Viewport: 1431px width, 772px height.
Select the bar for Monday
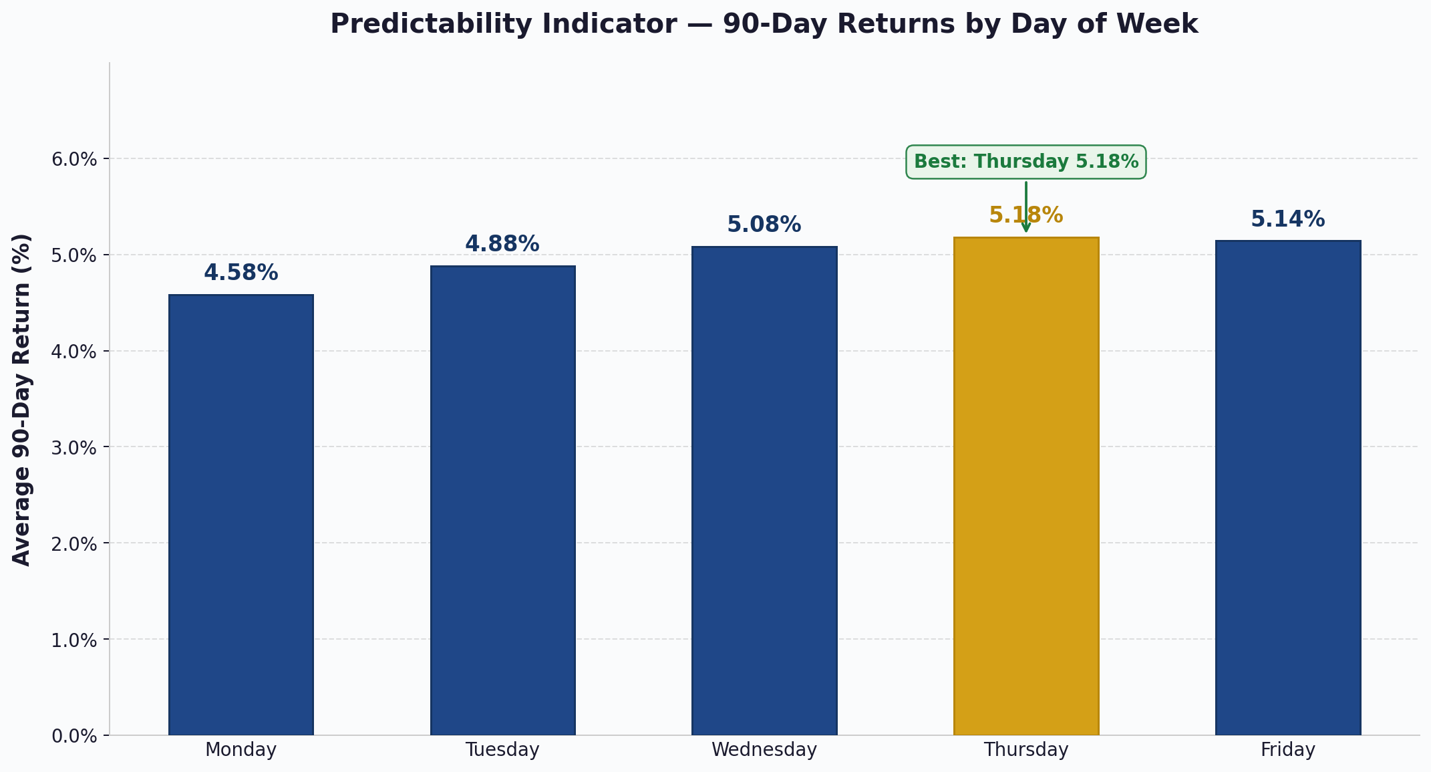point(241,515)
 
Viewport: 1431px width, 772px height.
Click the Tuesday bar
point(503,501)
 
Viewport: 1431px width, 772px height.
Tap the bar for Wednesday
point(764,491)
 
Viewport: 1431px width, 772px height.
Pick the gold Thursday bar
point(1026,486)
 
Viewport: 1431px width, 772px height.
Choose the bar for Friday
point(1288,488)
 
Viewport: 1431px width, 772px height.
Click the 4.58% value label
point(241,273)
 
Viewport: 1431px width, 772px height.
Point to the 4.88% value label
point(502,244)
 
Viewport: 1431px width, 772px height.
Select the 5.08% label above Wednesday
point(764,225)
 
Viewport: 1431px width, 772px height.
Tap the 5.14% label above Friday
point(1288,219)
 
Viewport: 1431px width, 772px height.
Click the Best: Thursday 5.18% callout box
point(1026,162)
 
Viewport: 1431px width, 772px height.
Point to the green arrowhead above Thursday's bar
point(1026,228)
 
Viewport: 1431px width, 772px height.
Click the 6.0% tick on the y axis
point(74,160)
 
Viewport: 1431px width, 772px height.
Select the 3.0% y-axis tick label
point(74,448)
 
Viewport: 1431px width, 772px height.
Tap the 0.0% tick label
point(74,737)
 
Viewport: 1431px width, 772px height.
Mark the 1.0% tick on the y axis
point(74,640)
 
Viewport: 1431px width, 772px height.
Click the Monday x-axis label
point(241,750)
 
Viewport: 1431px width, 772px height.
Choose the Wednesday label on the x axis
point(764,750)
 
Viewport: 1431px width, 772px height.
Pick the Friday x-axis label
point(1288,750)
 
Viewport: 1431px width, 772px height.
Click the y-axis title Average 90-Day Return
point(22,400)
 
